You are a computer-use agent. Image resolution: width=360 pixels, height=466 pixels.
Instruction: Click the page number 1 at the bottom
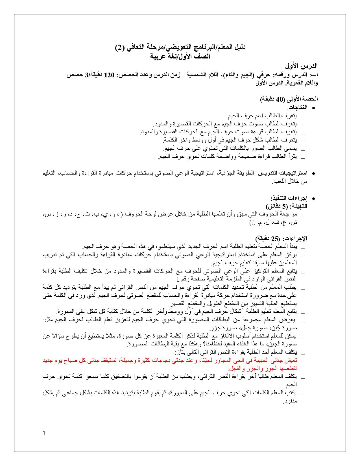tap(44, 433)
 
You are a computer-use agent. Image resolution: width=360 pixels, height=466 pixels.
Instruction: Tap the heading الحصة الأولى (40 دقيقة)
tap(289, 99)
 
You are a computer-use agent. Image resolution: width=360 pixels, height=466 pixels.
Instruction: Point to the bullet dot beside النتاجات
tap(313, 108)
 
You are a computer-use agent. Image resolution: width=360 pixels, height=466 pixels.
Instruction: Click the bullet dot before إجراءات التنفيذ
tap(313, 198)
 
